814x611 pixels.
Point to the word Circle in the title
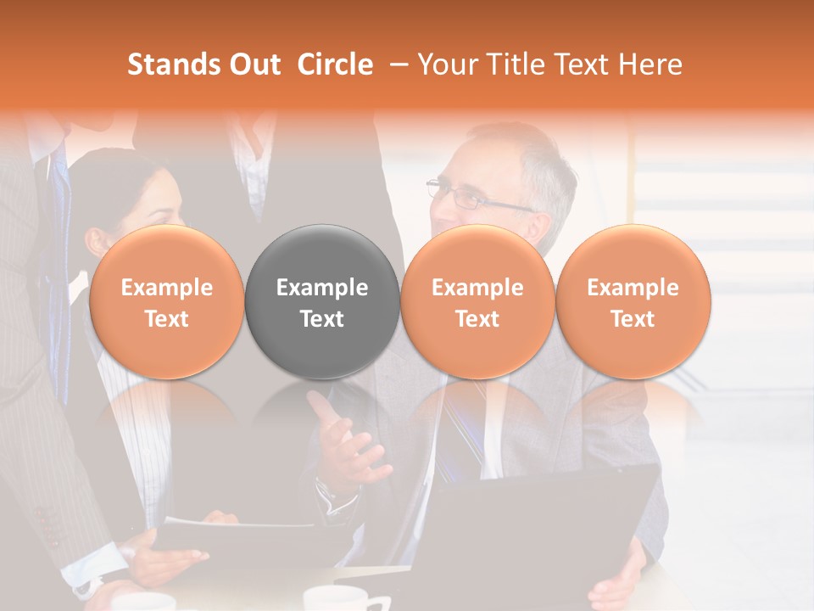click(335, 64)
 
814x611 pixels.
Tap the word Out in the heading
click(255, 64)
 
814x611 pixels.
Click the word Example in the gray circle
click(322, 288)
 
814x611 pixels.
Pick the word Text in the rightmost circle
click(633, 319)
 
